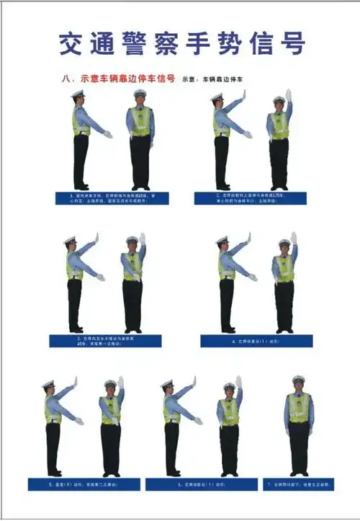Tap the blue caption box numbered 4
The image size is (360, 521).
(x=256, y=341)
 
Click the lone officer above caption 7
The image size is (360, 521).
(x=299, y=425)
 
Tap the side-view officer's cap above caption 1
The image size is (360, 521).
(x=78, y=94)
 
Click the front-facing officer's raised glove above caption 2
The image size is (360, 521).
(x=288, y=95)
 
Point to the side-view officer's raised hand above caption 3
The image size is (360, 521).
(x=95, y=239)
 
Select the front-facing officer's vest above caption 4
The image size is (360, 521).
(x=284, y=268)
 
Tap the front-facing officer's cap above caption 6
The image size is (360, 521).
(x=229, y=386)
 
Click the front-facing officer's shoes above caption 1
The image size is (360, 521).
(x=140, y=187)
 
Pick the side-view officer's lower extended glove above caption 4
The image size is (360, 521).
(x=253, y=277)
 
